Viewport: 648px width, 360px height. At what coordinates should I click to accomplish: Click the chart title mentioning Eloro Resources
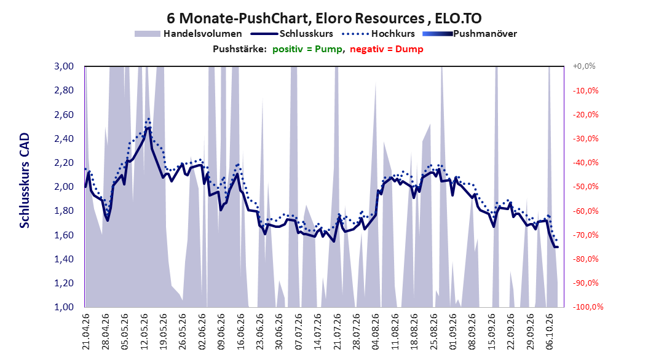[x=324, y=18]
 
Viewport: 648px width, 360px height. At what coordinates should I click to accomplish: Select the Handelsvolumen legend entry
[x=188, y=34]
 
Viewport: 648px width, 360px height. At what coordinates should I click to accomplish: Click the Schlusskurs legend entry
[x=292, y=34]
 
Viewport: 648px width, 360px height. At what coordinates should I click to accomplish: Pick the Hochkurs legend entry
[x=378, y=34]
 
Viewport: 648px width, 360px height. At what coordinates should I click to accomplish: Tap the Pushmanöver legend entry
[x=470, y=34]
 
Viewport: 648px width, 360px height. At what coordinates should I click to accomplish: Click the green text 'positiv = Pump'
[x=307, y=49]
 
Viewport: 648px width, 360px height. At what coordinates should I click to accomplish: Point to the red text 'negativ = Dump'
[x=387, y=49]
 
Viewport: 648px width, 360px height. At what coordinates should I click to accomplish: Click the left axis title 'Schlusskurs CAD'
[x=25, y=181]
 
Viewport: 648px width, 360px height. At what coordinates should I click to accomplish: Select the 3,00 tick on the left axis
[x=64, y=66]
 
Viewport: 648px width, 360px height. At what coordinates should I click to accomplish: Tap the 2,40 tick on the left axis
[x=64, y=138]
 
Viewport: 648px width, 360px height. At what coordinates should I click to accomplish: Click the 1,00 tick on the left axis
[x=64, y=307]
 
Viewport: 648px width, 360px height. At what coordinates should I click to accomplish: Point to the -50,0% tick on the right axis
[x=585, y=187]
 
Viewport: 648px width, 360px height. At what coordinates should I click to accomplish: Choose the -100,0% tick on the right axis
[x=588, y=307]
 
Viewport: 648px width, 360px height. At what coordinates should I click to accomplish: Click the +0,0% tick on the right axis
[x=584, y=66]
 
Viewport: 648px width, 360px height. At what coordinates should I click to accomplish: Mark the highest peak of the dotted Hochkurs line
[x=148, y=119]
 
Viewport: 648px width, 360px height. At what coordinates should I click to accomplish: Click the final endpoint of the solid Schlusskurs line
[x=558, y=248]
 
